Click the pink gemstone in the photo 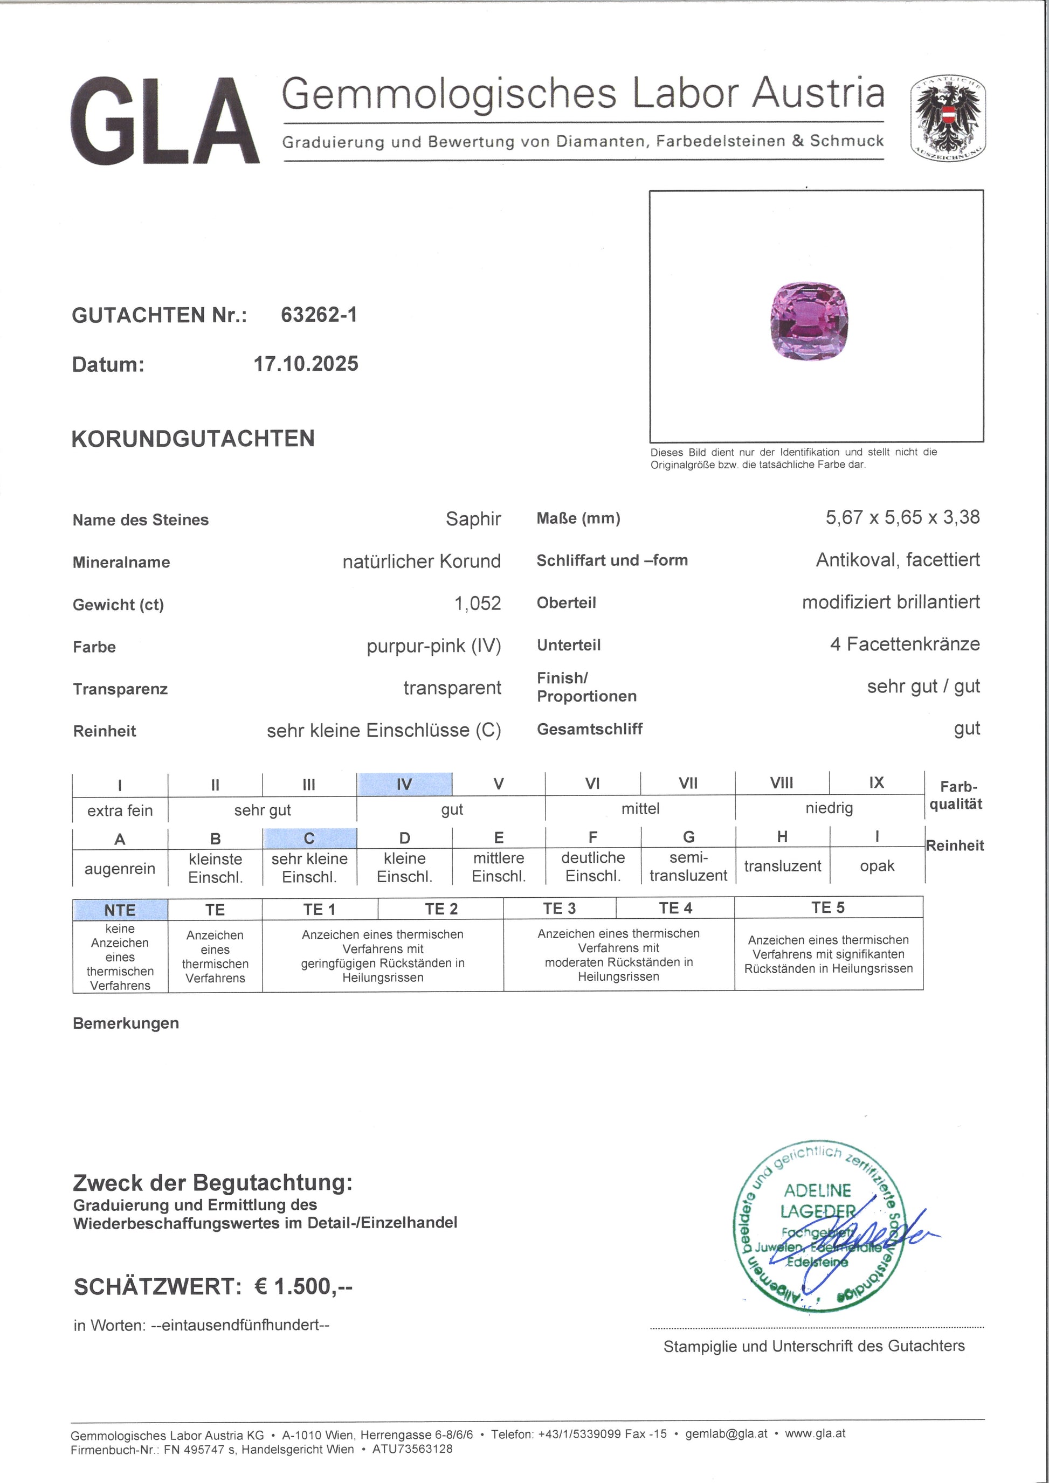pos(809,321)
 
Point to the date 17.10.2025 pos(306,364)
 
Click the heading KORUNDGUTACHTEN pos(193,439)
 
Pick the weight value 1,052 pos(478,603)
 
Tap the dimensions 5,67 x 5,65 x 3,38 pos(902,517)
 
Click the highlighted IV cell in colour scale pos(404,784)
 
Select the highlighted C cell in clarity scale pos(309,838)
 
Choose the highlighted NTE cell pos(120,910)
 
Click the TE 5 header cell pos(827,907)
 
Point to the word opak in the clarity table pos(877,865)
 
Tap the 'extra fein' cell pos(120,810)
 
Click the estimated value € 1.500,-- pos(303,1287)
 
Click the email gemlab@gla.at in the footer pos(726,1434)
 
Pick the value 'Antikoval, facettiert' pos(897,559)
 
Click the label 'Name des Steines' pos(141,520)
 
